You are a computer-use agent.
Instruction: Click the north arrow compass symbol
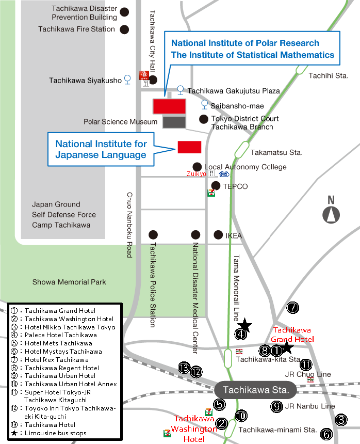[x=331, y=215]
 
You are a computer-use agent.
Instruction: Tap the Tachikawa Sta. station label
[x=256, y=390]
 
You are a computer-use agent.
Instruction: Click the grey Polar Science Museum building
[x=174, y=122]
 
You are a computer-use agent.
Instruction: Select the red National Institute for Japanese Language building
[x=189, y=147]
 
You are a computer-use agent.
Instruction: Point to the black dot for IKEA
[x=218, y=235]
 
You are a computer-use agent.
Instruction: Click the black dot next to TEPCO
[x=216, y=186]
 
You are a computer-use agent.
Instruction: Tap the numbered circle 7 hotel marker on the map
[x=293, y=308]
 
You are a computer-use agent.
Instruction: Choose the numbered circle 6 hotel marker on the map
[x=326, y=434]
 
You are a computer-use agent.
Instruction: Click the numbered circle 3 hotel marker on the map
[x=341, y=420]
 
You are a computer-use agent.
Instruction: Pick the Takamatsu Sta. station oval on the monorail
[x=242, y=150]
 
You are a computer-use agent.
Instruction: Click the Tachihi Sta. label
[x=329, y=75]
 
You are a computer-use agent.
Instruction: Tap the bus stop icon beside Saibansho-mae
[x=204, y=104]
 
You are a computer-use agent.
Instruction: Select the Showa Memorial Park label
[x=69, y=282]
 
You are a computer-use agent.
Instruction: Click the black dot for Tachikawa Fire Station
[x=124, y=29]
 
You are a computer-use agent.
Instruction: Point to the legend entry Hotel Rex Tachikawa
[x=57, y=360]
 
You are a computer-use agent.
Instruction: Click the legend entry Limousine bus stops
[x=55, y=433]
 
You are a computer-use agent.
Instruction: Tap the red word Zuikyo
[x=197, y=174]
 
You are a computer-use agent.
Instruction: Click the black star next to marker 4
[x=244, y=325]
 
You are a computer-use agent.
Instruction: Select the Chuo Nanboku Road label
[x=129, y=225]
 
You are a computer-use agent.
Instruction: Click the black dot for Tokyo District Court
[x=204, y=119]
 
